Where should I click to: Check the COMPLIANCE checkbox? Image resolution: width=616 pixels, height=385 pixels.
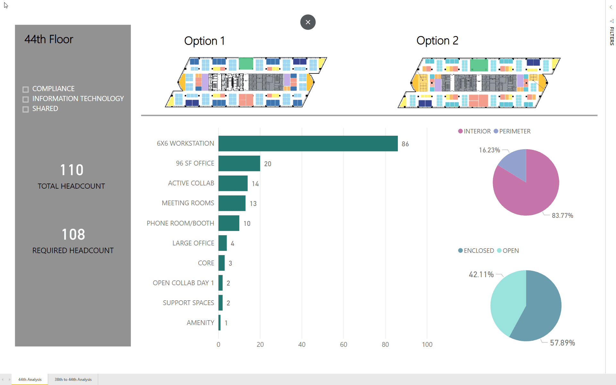coord(26,89)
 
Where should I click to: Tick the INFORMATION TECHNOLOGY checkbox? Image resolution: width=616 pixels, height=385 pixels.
coord(26,99)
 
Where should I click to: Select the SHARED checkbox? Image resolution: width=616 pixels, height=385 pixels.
coord(26,109)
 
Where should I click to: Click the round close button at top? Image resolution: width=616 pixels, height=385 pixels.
coord(308,22)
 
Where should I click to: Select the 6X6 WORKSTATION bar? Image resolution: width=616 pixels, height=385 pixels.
coord(308,143)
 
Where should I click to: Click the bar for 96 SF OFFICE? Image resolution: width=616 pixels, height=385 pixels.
coord(239,163)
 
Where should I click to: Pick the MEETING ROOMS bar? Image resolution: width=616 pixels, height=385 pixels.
coord(232,203)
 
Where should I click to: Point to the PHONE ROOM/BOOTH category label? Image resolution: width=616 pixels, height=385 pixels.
coord(180,223)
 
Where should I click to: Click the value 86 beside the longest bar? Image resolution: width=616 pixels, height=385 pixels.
coord(405,144)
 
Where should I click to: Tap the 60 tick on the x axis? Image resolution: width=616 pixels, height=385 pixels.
coord(343,345)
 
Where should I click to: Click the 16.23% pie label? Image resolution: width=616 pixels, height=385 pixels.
coord(489,150)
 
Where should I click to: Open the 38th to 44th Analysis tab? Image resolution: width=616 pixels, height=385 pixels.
coord(73,379)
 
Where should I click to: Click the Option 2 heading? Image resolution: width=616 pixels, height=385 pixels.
coord(437,41)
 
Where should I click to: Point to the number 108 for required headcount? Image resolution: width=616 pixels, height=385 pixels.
coord(73,235)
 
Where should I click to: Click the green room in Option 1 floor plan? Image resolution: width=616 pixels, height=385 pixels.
coord(246,64)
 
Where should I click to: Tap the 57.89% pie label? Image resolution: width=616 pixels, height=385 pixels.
coord(562,343)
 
